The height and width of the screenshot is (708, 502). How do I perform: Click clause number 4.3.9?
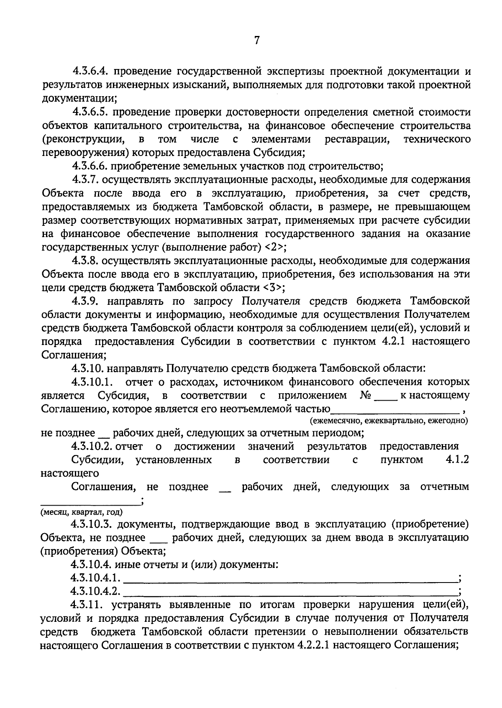(85, 301)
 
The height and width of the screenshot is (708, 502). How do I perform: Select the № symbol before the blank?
(366, 395)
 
